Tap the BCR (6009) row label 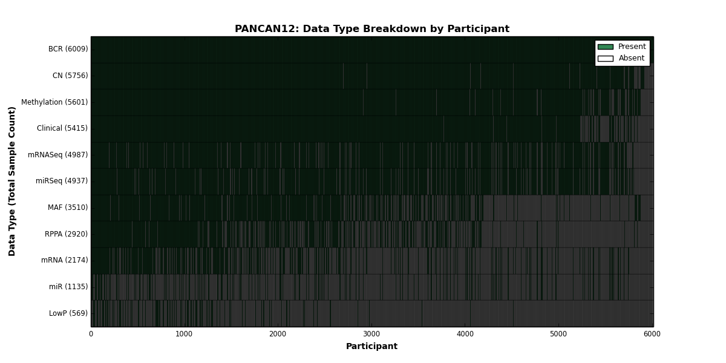coord(68,49)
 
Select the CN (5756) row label coord(70,76)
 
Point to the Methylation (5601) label coord(54,102)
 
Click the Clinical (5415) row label coord(62,128)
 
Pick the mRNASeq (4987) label coord(57,155)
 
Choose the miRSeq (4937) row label coord(62,181)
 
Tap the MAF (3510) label coord(68,208)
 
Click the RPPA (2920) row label coord(66,234)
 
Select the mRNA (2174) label coord(65,260)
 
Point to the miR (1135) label coord(68,287)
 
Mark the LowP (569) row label coord(68,313)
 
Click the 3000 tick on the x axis coord(371,334)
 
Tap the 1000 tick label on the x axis coord(184,334)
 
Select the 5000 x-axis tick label coord(558,334)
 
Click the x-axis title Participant coord(371,346)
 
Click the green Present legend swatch coord(606,47)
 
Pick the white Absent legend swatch coord(606,59)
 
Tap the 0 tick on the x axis coord(91,334)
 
